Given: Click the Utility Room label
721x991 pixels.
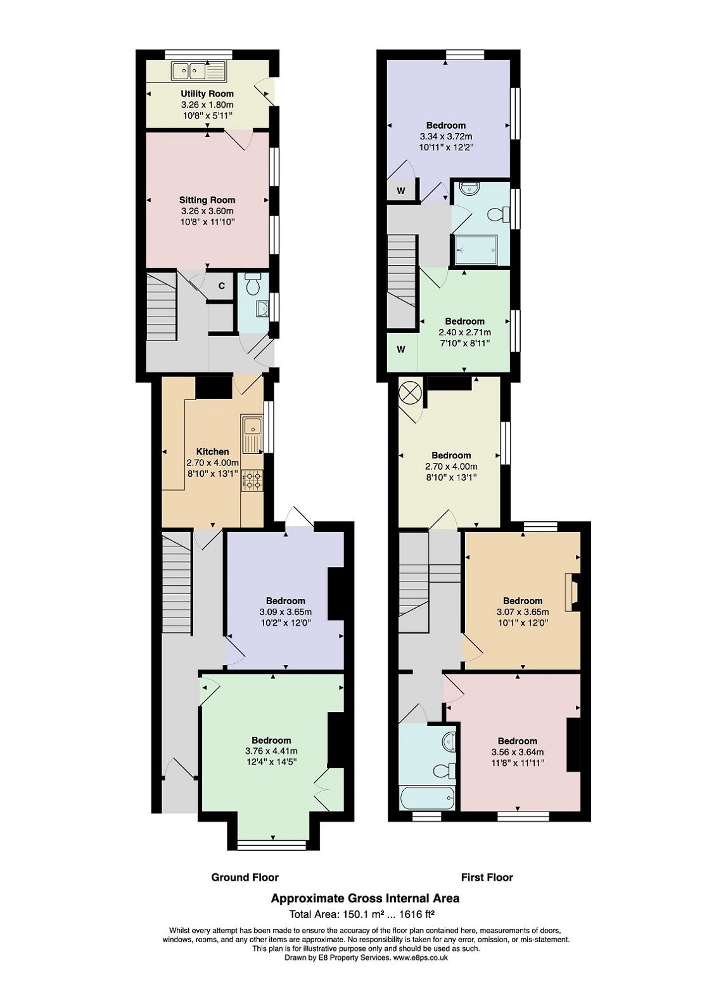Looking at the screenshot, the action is pyautogui.click(x=207, y=94).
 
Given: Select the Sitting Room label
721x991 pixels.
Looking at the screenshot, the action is pyautogui.click(x=207, y=200).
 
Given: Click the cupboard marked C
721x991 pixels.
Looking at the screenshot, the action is pyautogui.click(x=222, y=286).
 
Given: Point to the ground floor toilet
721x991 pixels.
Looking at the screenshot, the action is pyautogui.click(x=253, y=283).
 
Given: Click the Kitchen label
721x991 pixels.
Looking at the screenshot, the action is pyautogui.click(x=213, y=451).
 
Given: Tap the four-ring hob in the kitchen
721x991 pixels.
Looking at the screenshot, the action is pyautogui.click(x=252, y=481).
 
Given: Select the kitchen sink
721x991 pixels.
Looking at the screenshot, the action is pyautogui.click(x=252, y=434).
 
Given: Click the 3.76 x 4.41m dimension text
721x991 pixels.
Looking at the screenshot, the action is pyautogui.click(x=271, y=751).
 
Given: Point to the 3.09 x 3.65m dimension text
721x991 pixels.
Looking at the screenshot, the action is pyautogui.click(x=286, y=612).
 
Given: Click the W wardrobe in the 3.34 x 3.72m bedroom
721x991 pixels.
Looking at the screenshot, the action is pyautogui.click(x=401, y=191).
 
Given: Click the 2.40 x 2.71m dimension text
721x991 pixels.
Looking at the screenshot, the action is pyautogui.click(x=464, y=332).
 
